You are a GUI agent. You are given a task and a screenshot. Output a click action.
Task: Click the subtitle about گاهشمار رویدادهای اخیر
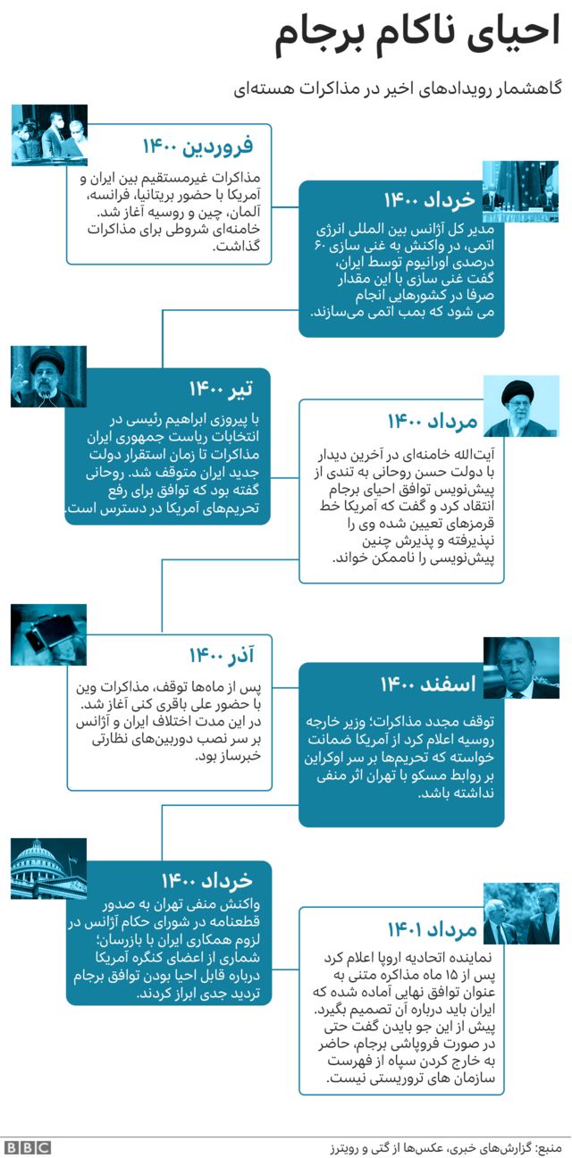point(398,88)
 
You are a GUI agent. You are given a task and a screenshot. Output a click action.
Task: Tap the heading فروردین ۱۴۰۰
point(198,145)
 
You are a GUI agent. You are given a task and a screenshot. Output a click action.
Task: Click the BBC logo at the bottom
point(28,1147)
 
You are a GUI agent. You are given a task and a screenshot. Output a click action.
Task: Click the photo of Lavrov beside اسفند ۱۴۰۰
point(521,667)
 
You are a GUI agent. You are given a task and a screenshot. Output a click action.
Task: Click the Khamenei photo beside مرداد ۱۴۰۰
point(521,406)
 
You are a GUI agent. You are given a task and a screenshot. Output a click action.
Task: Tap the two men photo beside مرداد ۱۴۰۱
point(521,913)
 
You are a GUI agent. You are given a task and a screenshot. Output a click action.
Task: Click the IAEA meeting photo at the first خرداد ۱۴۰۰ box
point(521,191)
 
